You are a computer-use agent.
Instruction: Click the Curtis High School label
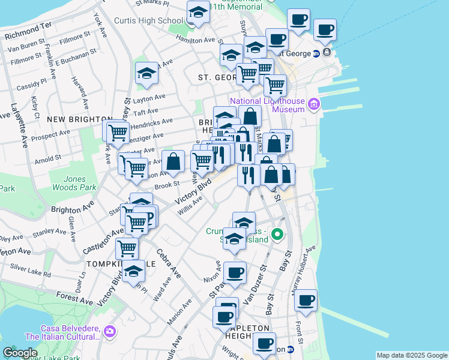pyautogui.click(x=148, y=21)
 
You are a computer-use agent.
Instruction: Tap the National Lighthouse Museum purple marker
pyautogui.click(x=313, y=106)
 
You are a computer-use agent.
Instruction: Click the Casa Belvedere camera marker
pyautogui.click(x=109, y=331)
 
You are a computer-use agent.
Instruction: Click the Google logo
pyautogui.click(x=20, y=353)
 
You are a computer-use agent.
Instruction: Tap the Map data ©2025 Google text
pyautogui.click(x=412, y=355)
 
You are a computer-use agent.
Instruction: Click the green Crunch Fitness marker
pyautogui.click(x=277, y=235)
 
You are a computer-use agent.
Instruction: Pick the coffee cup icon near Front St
pyautogui.click(x=306, y=299)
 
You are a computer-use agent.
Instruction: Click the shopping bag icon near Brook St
pyautogui.click(x=173, y=161)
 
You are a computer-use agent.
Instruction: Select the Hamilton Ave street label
pyautogui.click(x=196, y=40)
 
